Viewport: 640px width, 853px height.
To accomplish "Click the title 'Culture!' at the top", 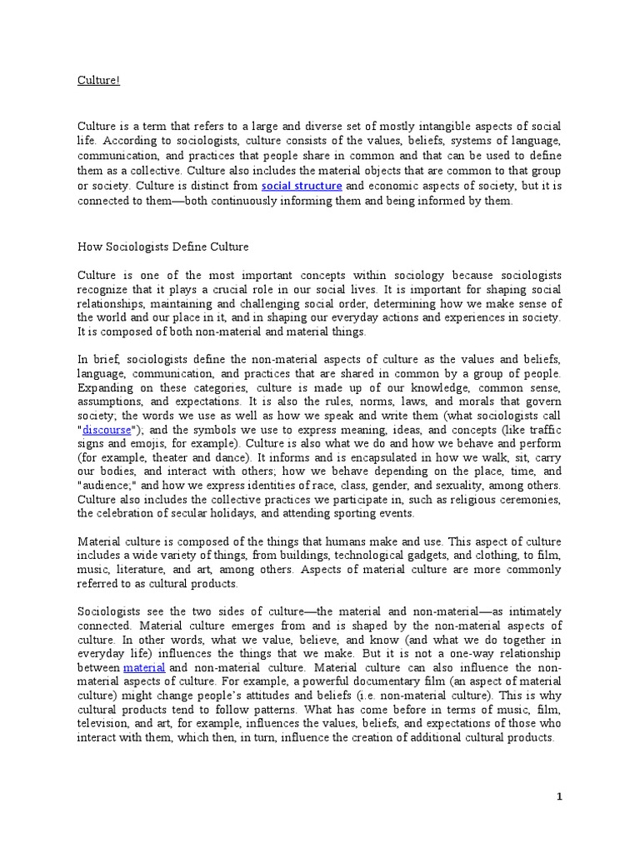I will pos(98,81).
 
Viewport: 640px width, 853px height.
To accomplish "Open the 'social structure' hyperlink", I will pos(302,186).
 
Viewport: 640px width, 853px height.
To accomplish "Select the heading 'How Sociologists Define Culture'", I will pos(162,247).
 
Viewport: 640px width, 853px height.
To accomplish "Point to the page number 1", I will pos(560,797).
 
